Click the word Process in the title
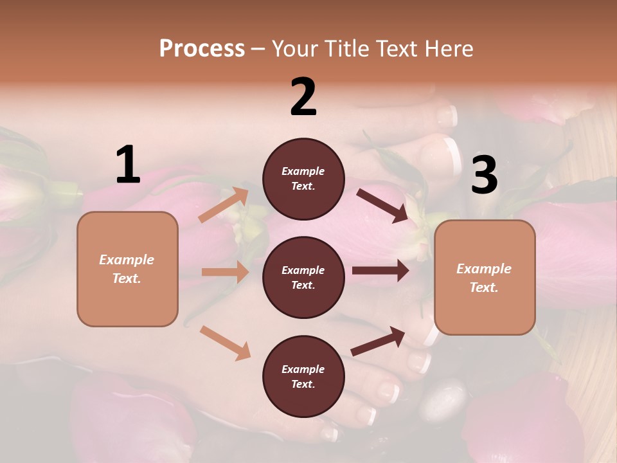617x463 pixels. pos(202,49)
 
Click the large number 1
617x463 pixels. pos(127,165)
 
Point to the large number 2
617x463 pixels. pos(303,97)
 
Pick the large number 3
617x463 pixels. pos(484,175)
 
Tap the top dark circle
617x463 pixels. pos(303,179)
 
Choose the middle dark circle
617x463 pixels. pos(303,278)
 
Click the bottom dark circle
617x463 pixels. pos(303,377)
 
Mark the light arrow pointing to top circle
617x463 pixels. pos(224,205)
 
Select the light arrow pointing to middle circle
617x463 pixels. pos(225,272)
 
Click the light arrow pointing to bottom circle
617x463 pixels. pos(225,343)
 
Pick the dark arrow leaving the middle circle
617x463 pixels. pos(380,271)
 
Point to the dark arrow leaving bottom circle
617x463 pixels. pos(378,341)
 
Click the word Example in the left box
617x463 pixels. pos(127,260)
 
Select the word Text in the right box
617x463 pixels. pos(483,287)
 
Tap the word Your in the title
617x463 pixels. pos(295,49)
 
